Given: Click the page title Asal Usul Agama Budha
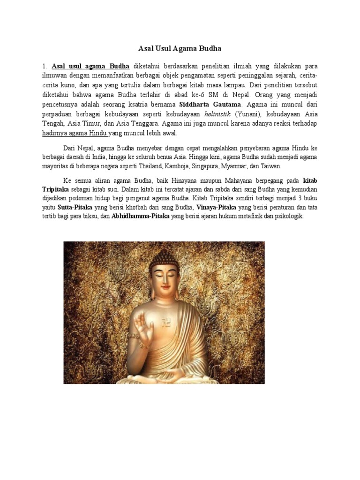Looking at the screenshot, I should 180,48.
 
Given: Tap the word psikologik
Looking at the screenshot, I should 290,217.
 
